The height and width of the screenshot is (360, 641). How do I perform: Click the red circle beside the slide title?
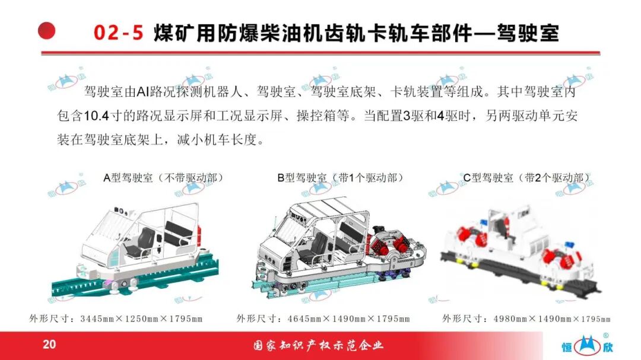click(47, 31)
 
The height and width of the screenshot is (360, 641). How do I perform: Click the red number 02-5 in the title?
click(119, 33)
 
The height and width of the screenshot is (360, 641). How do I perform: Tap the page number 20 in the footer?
click(49, 344)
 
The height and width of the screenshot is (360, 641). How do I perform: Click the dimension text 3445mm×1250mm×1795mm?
click(141, 318)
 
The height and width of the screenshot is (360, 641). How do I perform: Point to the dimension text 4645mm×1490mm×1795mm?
click(349, 318)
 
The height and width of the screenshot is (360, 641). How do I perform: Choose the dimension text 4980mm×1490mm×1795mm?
click(552, 318)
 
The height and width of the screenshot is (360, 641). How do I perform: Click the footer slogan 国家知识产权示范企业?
click(319, 346)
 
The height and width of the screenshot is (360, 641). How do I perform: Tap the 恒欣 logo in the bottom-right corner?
click(588, 345)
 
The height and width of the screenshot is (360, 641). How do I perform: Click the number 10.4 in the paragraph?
click(97, 116)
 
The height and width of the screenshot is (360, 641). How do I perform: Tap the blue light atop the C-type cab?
click(484, 222)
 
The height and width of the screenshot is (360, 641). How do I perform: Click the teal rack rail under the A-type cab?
click(135, 278)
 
